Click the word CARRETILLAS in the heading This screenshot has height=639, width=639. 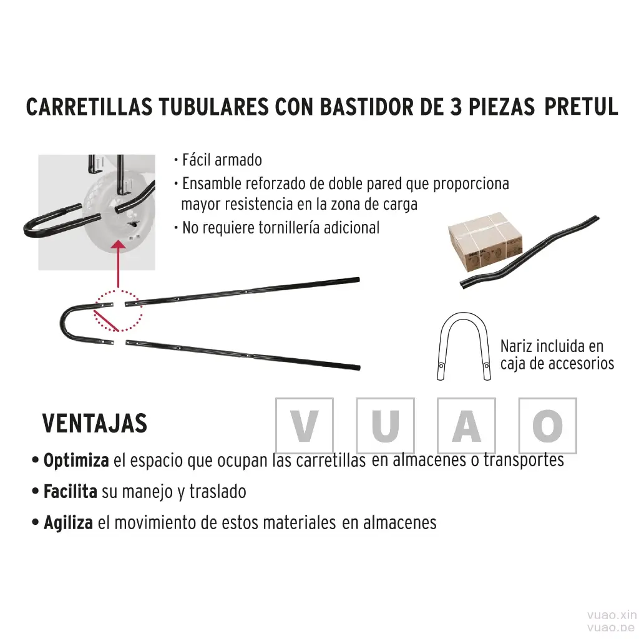pyautogui.click(x=89, y=107)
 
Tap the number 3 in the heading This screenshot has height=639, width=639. pyautogui.click(x=456, y=107)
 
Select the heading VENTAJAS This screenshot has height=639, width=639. pyautogui.click(x=95, y=423)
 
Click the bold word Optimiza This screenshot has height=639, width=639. pyautogui.click(x=76, y=461)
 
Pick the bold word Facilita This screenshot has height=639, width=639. pyautogui.click(x=71, y=492)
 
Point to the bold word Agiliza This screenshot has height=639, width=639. pyautogui.click(x=69, y=523)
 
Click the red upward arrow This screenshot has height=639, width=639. pyautogui.click(x=118, y=264)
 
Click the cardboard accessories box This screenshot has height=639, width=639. pyautogui.click(x=485, y=241)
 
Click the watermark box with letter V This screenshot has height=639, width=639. pyautogui.click(x=305, y=426)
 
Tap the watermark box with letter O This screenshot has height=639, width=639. pyautogui.click(x=548, y=426)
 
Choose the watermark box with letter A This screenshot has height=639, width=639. pyautogui.click(x=467, y=426)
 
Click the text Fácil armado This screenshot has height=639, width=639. pyautogui.click(x=222, y=160)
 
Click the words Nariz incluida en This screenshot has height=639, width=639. pyautogui.click(x=552, y=346)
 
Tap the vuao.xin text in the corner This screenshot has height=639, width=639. pyautogui.click(x=612, y=615)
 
